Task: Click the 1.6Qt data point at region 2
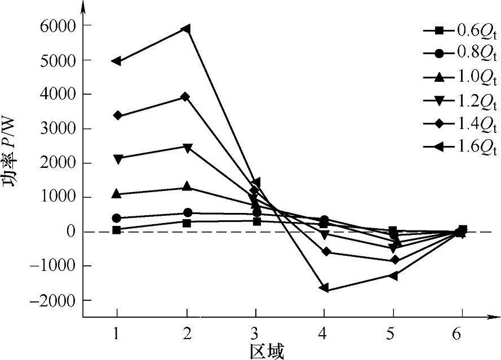185,29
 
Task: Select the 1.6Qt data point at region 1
117,61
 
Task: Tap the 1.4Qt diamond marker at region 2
185,97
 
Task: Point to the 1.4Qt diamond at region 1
117,115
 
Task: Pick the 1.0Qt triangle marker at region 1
117,194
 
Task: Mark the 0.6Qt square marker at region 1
117,230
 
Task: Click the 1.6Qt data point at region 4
323,288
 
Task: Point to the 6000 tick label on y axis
59,26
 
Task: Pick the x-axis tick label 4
323,334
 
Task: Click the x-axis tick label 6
462,334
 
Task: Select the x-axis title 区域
267,350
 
